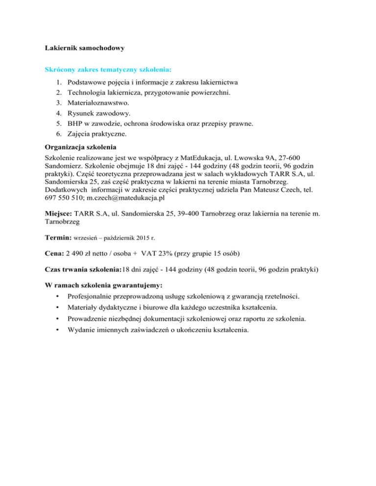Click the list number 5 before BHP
pyautogui.click(x=59, y=124)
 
